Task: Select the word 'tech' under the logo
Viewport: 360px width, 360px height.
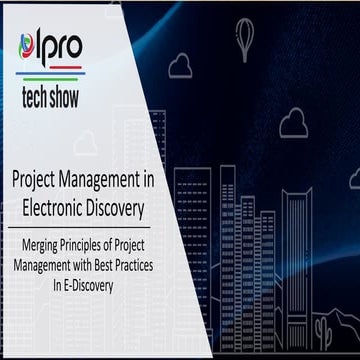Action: (x=45, y=99)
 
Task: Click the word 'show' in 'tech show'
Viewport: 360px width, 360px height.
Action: (x=88, y=99)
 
